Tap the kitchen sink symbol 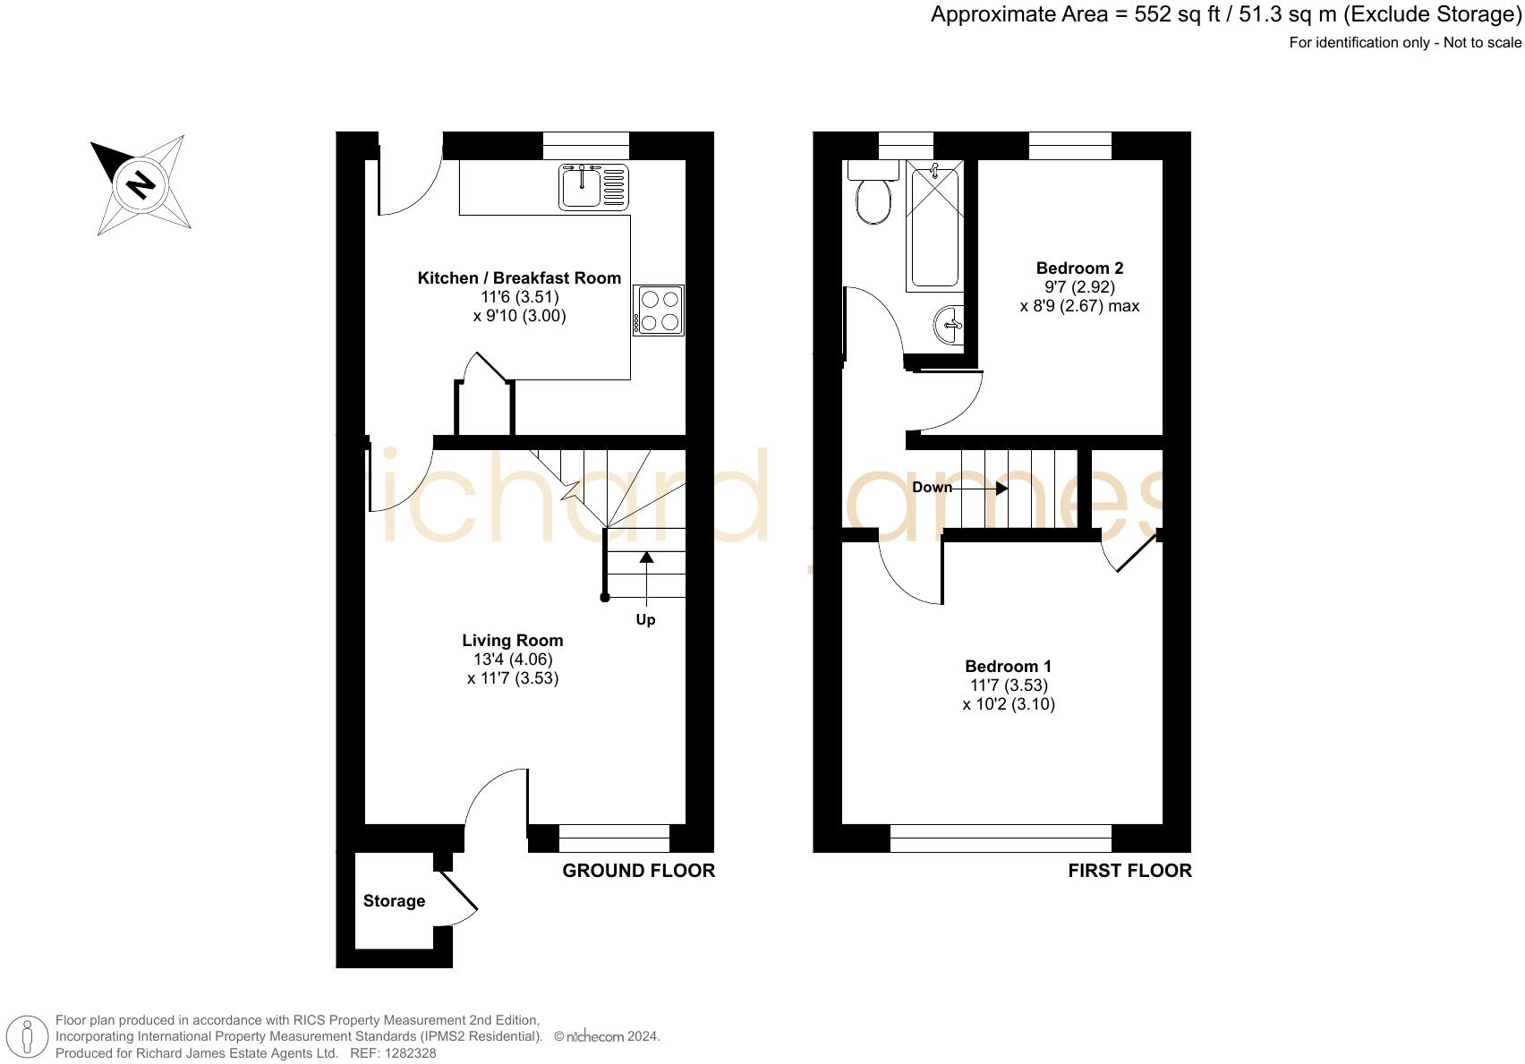[593, 186]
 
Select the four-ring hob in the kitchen [660, 310]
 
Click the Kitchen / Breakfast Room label [519, 278]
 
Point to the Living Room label [513, 641]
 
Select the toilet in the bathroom [872, 196]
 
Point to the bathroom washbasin [950, 324]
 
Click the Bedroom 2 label [1079, 268]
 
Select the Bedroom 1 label [1008, 667]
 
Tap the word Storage [394, 901]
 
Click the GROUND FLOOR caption [638, 871]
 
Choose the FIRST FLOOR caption [1129, 871]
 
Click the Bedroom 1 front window [1001, 838]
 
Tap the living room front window [614, 838]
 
